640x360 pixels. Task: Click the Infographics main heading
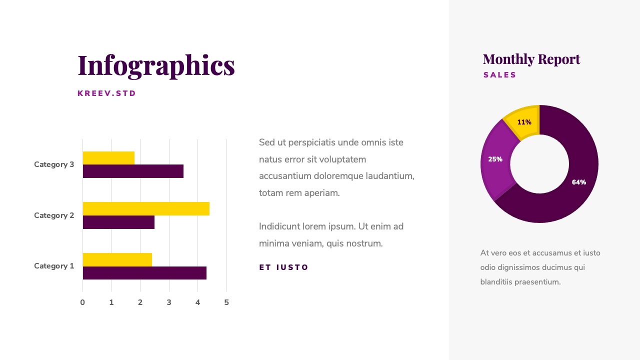(156, 65)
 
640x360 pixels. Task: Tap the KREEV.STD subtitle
(107, 93)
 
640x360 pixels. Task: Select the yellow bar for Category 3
(108, 158)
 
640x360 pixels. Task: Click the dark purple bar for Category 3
(133, 171)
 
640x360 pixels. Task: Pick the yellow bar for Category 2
(146, 208)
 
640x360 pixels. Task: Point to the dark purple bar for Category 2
(118, 222)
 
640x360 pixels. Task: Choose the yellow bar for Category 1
(117, 259)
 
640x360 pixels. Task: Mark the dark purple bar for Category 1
(144, 273)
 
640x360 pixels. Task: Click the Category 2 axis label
(54, 215)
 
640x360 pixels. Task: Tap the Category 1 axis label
(54, 266)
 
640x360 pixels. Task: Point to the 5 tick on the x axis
(226, 302)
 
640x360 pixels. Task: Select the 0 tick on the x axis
(82, 302)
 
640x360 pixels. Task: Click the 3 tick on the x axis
(169, 302)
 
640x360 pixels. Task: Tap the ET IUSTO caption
(284, 267)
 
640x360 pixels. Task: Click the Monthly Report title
(531, 59)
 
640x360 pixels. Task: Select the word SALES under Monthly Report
(500, 75)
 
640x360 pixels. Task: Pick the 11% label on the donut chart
(524, 122)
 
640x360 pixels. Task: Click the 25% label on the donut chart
(495, 159)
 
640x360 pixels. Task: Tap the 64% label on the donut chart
(579, 182)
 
